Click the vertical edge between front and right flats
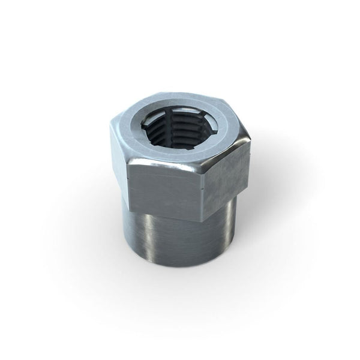(x=207, y=186)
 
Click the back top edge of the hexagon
(x=180, y=94)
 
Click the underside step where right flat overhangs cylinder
(x=231, y=198)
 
